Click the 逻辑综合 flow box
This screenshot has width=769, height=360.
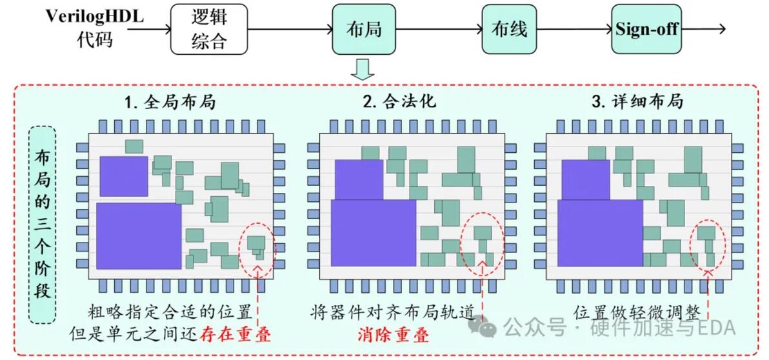point(209,30)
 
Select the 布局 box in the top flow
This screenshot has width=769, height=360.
point(364,30)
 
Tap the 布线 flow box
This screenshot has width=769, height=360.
point(510,30)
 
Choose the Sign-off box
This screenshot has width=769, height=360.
point(646,30)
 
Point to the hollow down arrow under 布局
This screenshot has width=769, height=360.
point(363,69)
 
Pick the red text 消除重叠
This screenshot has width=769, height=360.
point(392,335)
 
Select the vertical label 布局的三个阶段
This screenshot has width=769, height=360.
point(43,225)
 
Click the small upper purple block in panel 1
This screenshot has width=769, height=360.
point(124,176)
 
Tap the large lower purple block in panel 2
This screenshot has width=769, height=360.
point(374,233)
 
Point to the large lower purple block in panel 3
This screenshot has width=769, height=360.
point(600,233)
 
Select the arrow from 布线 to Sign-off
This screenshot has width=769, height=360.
point(574,30)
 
